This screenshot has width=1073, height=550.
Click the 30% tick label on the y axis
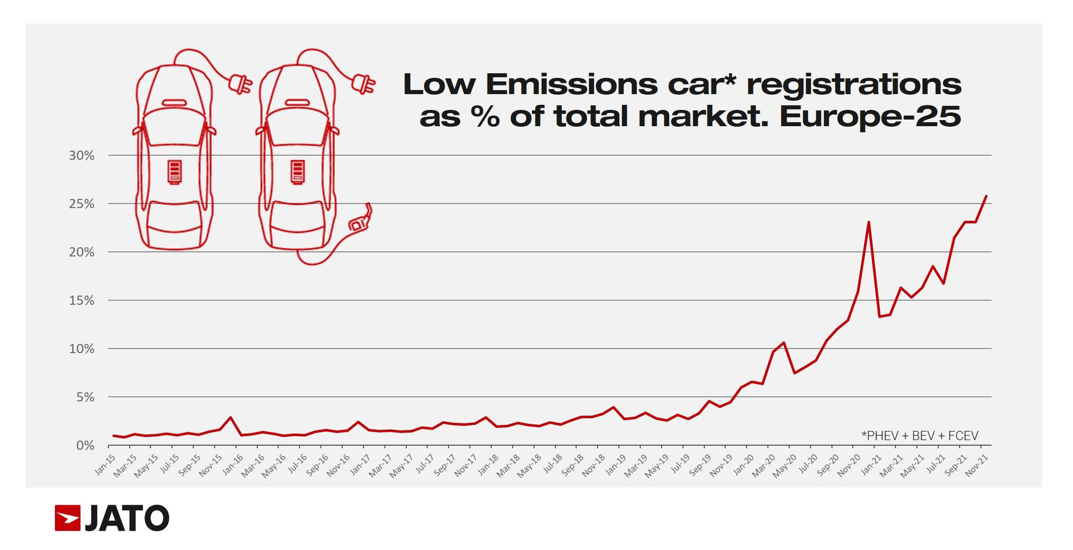point(81,156)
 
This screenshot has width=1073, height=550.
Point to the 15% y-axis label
point(81,301)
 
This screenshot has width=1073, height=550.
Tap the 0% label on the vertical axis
point(85,446)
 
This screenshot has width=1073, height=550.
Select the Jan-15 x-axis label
point(105,465)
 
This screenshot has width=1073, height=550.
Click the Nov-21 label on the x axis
point(976,465)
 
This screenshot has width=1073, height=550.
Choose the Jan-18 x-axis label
point(488,465)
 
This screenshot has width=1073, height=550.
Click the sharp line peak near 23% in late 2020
point(869,222)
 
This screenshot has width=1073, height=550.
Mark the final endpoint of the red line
point(986,196)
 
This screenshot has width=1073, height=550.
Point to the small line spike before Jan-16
point(231,418)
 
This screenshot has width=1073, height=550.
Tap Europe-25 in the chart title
point(870,117)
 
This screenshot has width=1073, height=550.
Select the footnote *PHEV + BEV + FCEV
point(919,436)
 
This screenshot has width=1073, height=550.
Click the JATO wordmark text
point(127,518)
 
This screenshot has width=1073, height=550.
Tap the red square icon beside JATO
point(68,518)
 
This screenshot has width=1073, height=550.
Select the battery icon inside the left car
point(174,171)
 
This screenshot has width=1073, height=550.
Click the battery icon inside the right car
point(297,171)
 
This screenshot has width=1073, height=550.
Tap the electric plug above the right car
point(363,84)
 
